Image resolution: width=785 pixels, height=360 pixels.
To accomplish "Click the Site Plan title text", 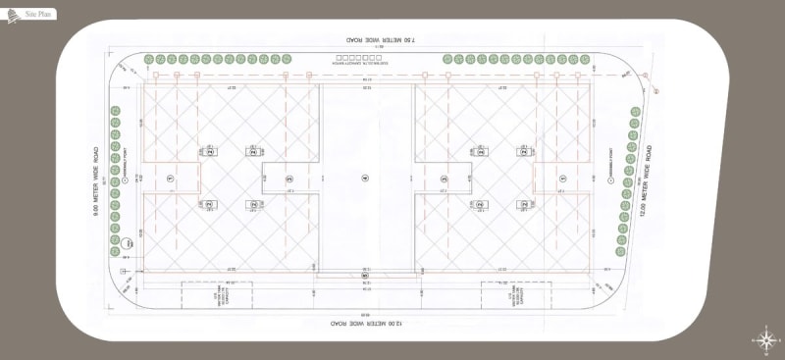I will coord(39,15).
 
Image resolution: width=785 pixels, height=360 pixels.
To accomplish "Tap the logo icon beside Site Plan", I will coord(13,15).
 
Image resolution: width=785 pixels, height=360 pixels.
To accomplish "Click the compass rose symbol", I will coord(765,339).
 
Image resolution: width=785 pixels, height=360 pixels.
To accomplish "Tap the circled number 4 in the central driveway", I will coord(364,178).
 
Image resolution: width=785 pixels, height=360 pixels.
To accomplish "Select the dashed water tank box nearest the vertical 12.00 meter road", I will coord(511,295).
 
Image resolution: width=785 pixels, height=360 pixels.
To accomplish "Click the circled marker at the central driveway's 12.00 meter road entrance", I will coord(364,277).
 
